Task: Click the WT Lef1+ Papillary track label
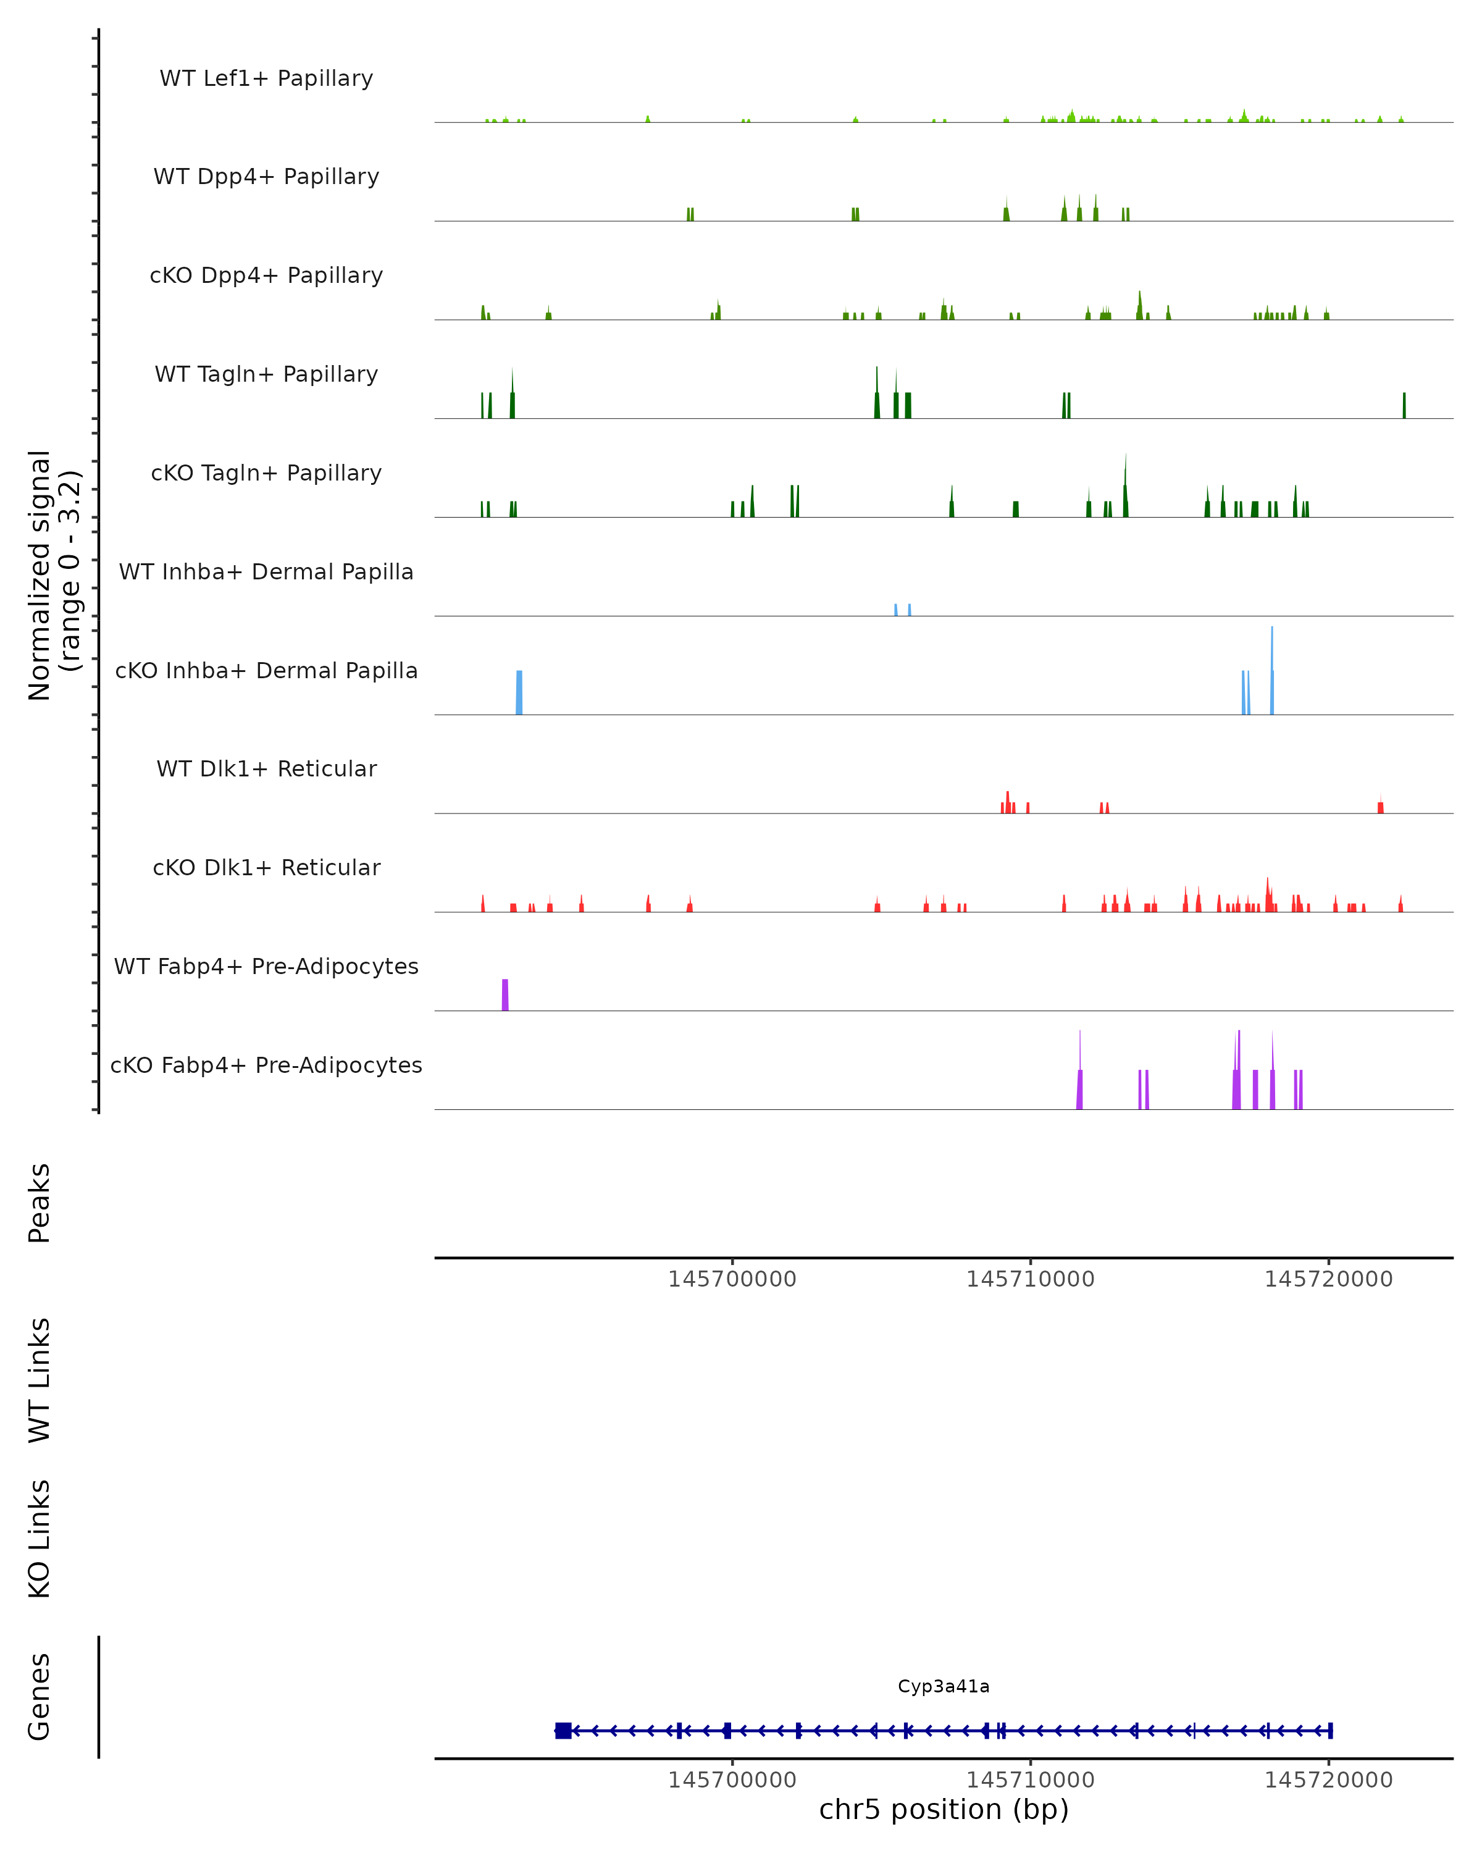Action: pos(266,78)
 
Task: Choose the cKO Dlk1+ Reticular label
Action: pos(266,867)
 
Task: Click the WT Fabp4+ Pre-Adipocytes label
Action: pos(266,966)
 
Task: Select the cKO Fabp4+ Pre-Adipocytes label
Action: pos(266,1065)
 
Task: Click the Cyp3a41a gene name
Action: pos(944,1686)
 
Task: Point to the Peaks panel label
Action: pos(40,1203)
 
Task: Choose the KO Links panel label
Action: pos(40,1539)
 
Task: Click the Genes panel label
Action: pos(40,1697)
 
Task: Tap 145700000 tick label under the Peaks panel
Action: pos(732,1280)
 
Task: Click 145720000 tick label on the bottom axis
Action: pos(1328,1780)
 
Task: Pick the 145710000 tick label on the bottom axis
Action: pos(1030,1780)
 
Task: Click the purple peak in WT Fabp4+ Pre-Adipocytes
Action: pos(505,995)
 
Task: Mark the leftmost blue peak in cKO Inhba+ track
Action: pos(519,693)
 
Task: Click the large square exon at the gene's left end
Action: pos(563,1731)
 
